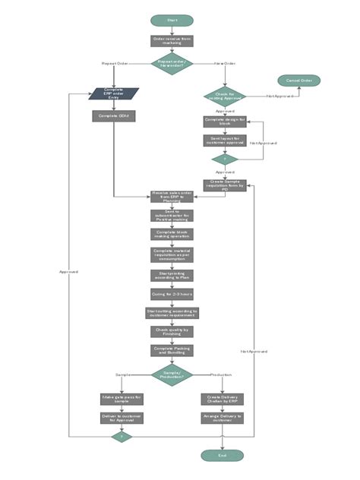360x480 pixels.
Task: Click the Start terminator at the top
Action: pyautogui.click(x=172, y=20)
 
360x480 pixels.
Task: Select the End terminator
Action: pyautogui.click(x=222, y=455)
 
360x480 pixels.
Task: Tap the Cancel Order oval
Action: pyautogui.click(x=298, y=81)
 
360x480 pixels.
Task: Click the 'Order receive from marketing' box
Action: pyautogui.click(x=172, y=42)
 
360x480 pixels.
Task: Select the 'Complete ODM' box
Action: pyautogui.click(x=114, y=116)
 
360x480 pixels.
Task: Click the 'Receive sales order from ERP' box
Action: pyautogui.click(x=172, y=196)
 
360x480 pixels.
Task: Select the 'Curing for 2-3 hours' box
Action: pyautogui.click(x=172, y=293)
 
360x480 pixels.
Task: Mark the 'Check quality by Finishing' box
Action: pyautogui.click(x=172, y=331)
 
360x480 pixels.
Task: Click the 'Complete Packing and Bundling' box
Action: pyautogui.click(x=172, y=350)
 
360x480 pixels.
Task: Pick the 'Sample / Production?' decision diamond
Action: pyautogui.click(x=172, y=374)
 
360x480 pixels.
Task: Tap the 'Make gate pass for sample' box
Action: pyautogui.click(x=122, y=398)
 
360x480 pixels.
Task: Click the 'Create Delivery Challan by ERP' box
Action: pyautogui.click(x=222, y=398)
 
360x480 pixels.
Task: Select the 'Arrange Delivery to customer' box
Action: pyautogui.click(x=222, y=417)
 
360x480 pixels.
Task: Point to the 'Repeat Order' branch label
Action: pyautogui.click(x=115, y=64)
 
